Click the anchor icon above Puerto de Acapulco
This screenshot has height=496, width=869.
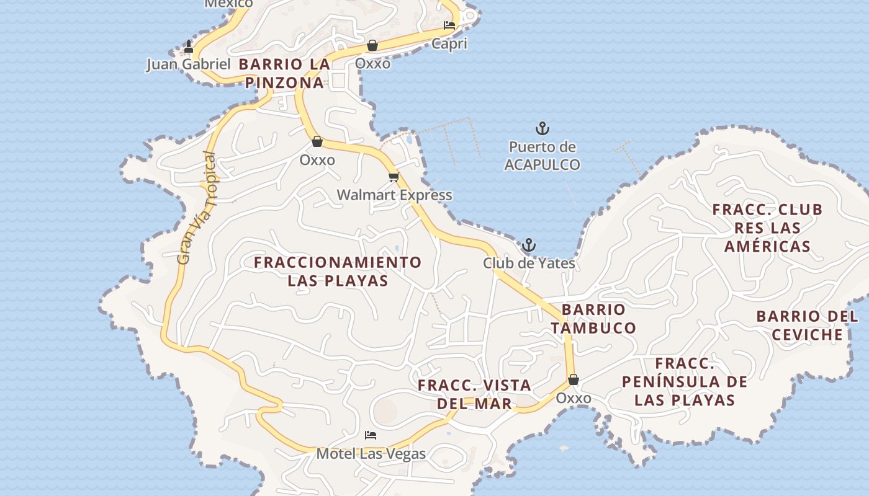pyautogui.click(x=543, y=129)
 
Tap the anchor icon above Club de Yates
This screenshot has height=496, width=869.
pyautogui.click(x=528, y=245)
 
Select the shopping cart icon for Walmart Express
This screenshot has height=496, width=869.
pyautogui.click(x=394, y=177)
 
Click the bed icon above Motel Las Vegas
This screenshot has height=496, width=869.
pyautogui.click(x=371, y=435)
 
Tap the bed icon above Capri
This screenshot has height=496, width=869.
pyautogui.click(x=449, y=25)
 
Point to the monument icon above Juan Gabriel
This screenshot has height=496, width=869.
pyautogui.click(x=189, y=46)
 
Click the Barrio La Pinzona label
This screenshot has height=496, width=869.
pyautogui.click(x=284, y=73)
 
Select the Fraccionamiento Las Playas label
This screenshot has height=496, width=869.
pyautogui.click(x=338, y=271)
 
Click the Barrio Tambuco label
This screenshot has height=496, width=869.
pyautogui.click(x=593, y=319)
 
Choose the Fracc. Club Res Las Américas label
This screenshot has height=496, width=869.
pyautogui.click(x=767, y=228)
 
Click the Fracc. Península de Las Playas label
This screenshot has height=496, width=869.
pyautogui.click(x=685, y=381)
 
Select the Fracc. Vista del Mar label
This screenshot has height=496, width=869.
pyautogui.click(x=474, y=394)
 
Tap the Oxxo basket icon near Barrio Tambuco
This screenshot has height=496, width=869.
pyautogui.click(x=573, y=379)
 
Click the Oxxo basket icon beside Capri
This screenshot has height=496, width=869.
pyautogui.click(x=372, y=45)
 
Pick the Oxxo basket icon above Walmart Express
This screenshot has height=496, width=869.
pyautogui.click(x=317, y=142)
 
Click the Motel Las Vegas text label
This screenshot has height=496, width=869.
pyautogui.click(x=371, y=454)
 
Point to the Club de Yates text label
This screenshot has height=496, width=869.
pyautogui.click(x=529, y=263)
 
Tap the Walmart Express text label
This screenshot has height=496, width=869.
pyautogui.click(x=394, y=195)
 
